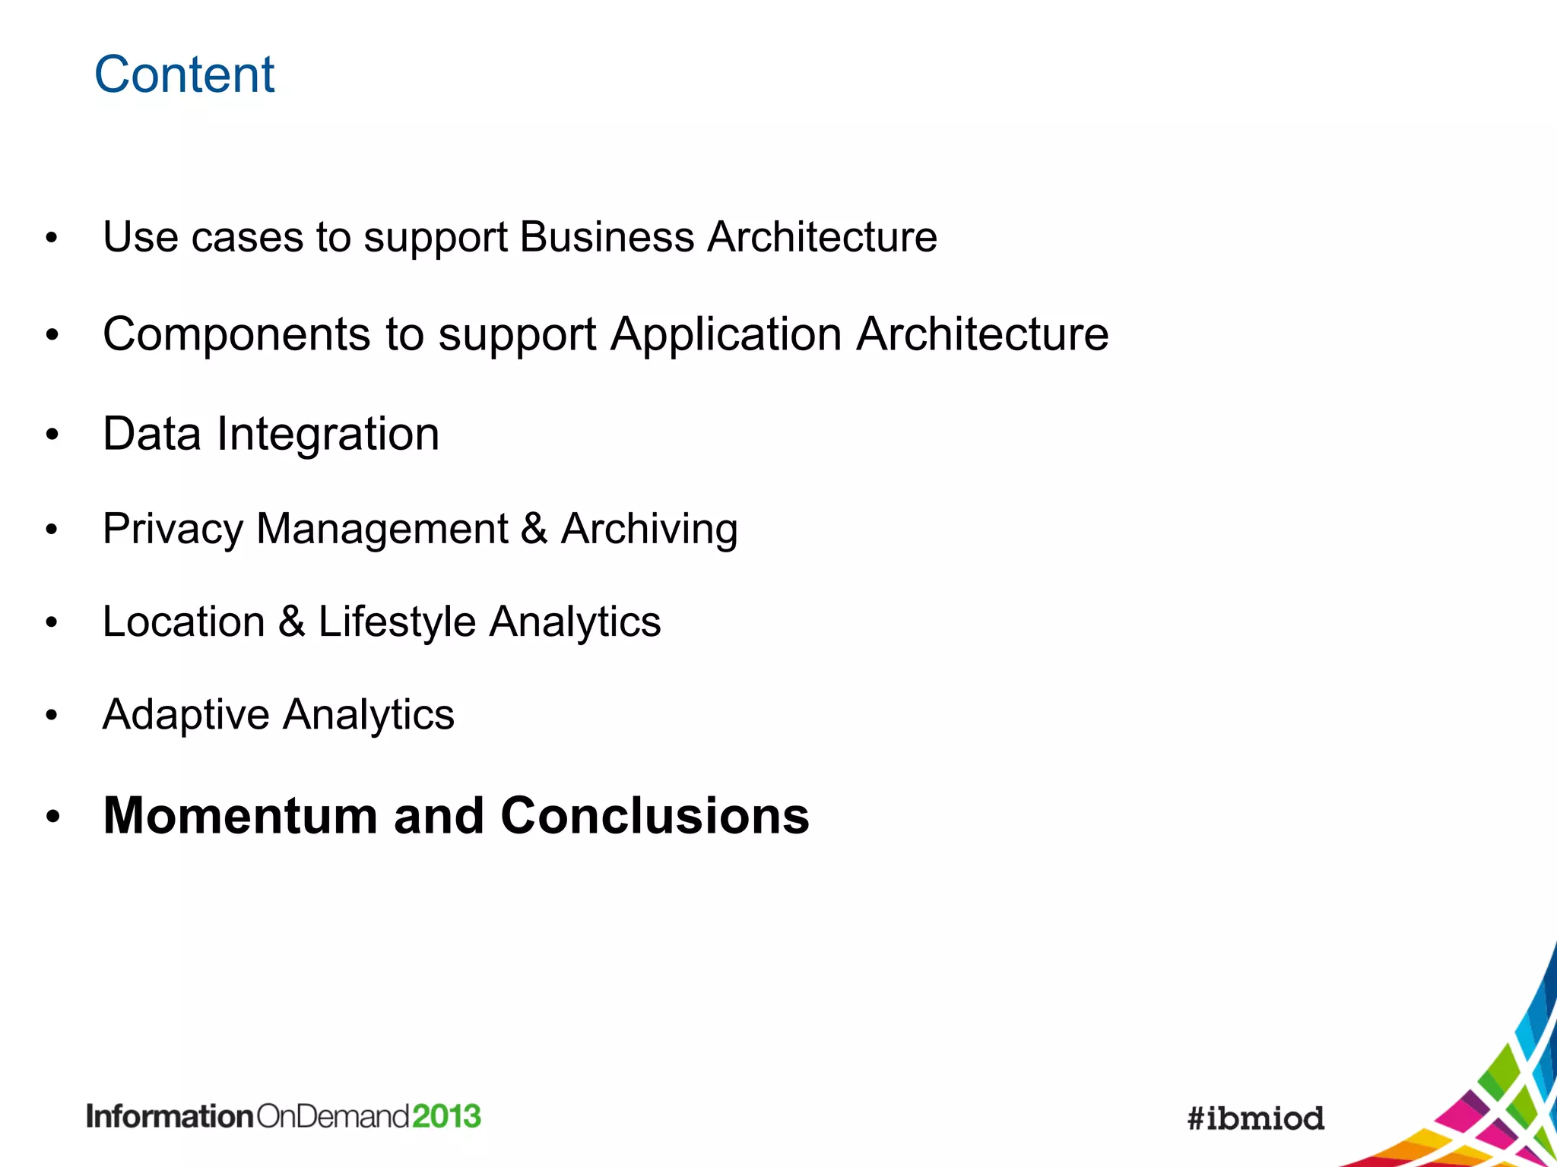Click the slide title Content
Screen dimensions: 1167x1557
184,74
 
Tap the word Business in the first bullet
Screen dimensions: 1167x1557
607,236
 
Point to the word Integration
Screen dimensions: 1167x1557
328,434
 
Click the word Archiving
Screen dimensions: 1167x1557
649,528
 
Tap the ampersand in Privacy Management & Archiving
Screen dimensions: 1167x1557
534,528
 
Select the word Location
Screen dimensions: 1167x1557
183,621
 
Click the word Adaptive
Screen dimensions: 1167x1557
186,715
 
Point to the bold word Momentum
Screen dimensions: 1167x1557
240,815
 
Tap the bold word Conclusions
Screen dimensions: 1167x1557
655,815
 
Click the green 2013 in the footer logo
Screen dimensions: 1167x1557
447,1116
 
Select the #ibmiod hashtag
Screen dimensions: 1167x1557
1256,1118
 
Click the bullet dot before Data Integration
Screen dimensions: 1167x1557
52,435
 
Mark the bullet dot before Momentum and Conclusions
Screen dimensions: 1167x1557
52,817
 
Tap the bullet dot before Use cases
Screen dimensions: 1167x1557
52,238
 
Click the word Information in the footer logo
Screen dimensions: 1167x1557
170,1116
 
